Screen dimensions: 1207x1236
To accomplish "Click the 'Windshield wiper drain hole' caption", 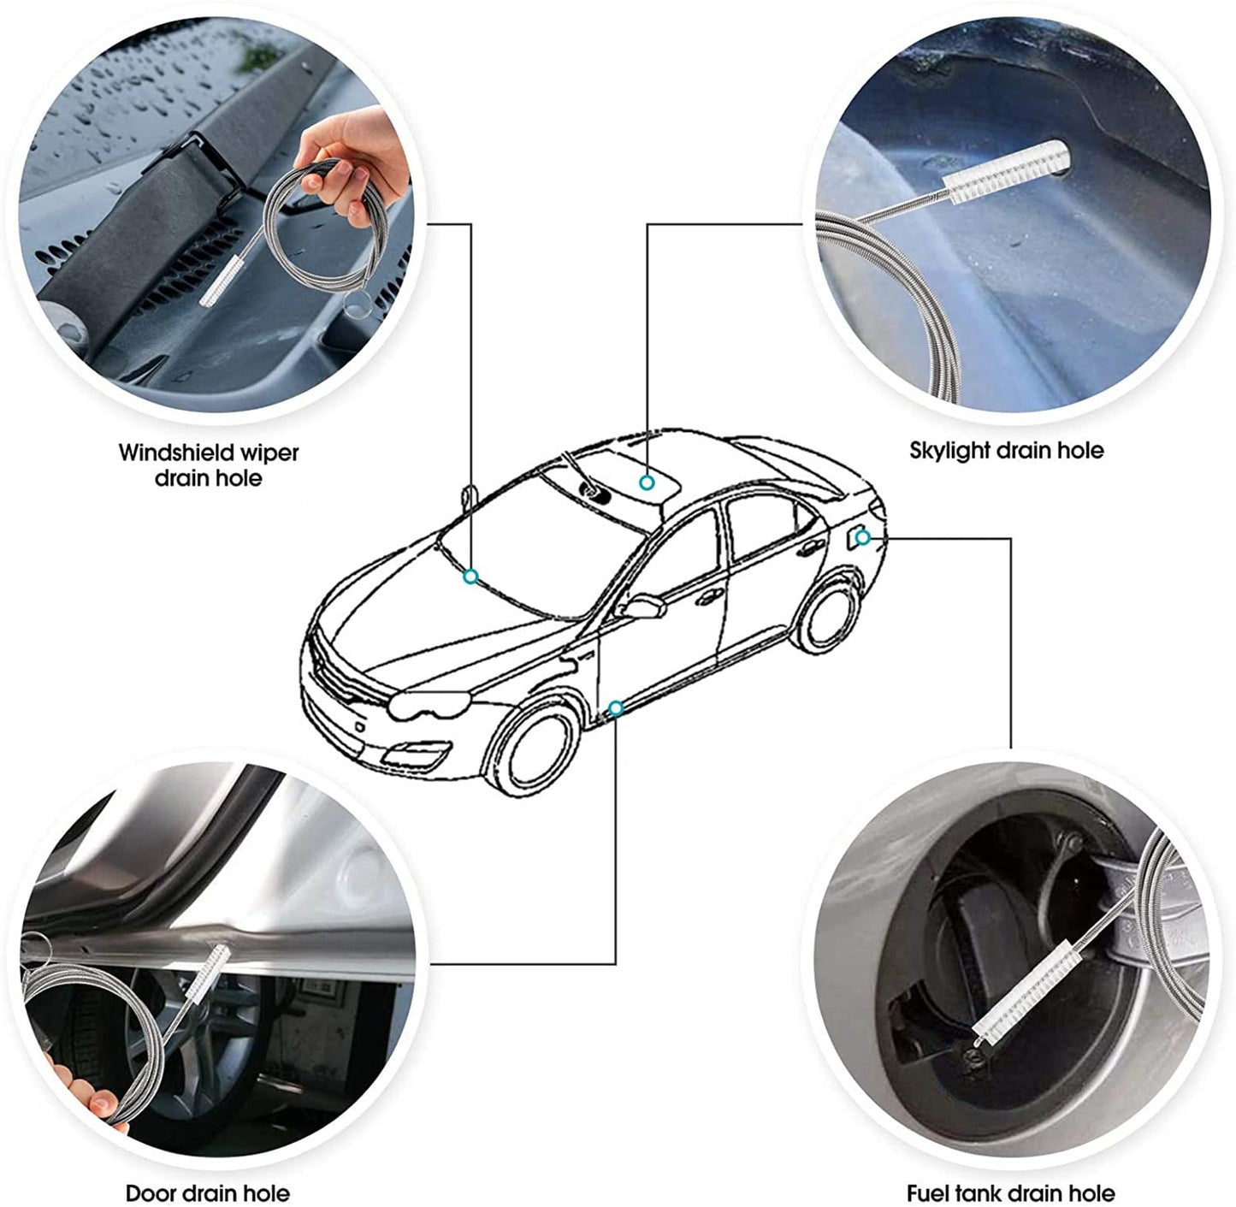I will pos(208,464).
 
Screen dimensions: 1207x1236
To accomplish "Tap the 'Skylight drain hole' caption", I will pos(1006,450).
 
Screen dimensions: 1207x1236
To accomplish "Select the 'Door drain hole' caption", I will pos(207,1192).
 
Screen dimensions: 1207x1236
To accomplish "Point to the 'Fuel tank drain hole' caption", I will pos(1010,1192).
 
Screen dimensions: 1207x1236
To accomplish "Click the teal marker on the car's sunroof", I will pos(648,483).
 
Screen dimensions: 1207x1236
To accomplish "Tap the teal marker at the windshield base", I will pos(470,577).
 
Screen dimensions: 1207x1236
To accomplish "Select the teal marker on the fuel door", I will pos(863,537).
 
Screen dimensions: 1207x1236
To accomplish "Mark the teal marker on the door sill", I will pos(616,708).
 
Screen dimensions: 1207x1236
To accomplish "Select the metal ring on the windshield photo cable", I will pos(357,305).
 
